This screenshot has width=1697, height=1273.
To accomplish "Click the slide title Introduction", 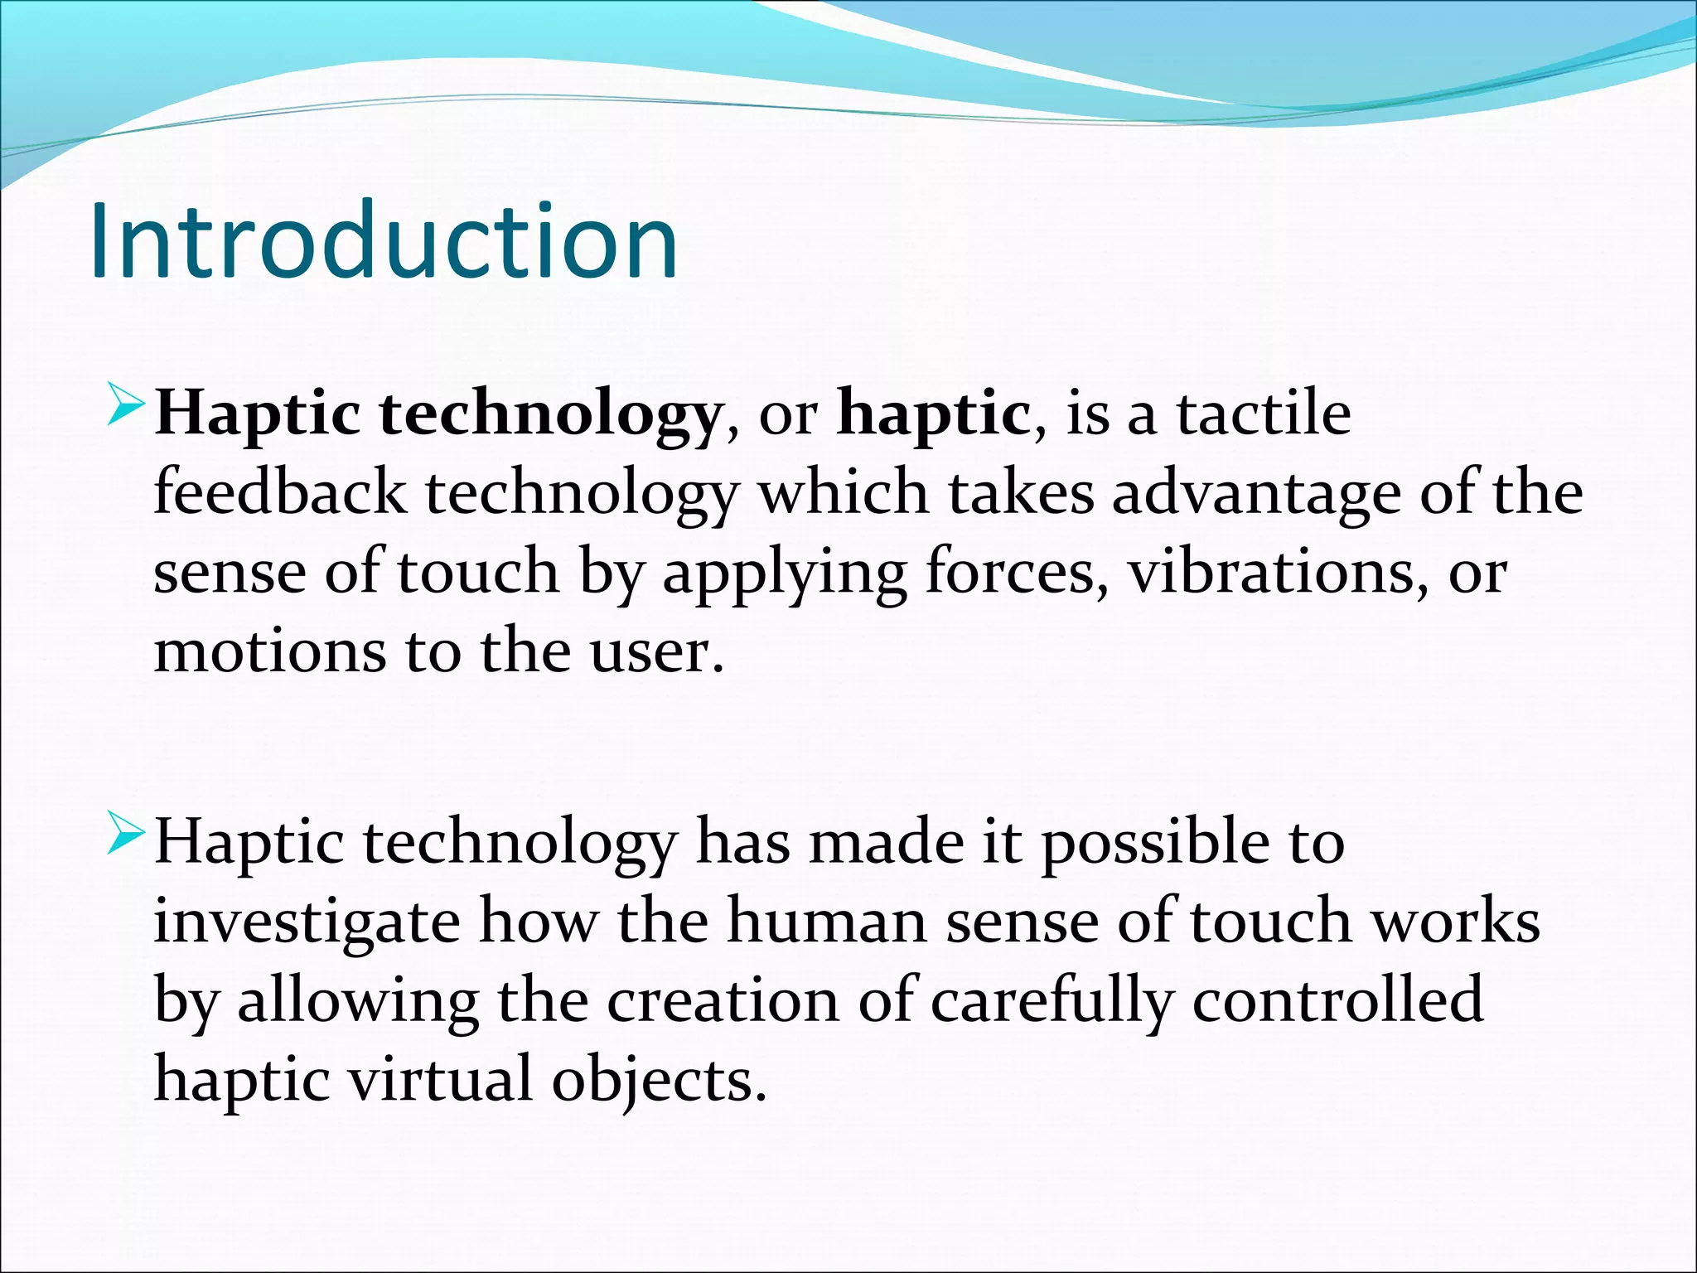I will tap(384, 242).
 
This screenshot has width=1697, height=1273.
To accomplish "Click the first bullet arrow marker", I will tap(127, 406).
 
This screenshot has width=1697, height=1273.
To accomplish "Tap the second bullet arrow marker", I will tap(127, 835).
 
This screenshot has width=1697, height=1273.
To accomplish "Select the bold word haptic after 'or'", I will tap(934, 414).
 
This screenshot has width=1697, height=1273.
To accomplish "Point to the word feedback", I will tap(280, 493).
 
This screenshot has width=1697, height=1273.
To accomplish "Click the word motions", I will tap(270, 651).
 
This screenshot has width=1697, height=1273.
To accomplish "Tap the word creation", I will tap(723, 1001).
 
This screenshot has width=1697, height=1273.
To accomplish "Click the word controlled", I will tap(1337, 1000).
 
